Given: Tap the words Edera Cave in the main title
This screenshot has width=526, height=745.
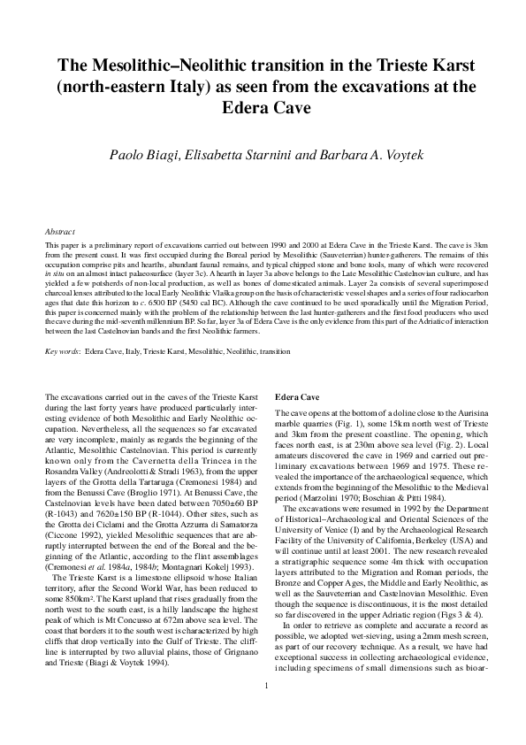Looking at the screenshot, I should point(263,106).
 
